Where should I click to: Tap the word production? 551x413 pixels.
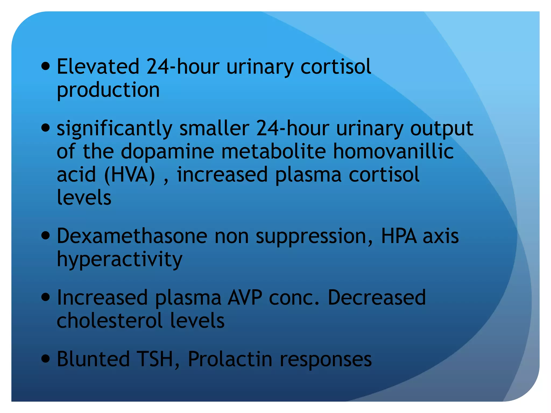click(x=108, y=90)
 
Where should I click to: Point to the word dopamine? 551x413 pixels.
click(x=167, y=151)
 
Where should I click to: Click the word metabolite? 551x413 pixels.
click(x=273, y=151)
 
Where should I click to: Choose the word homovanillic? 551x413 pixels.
click(x=393, y=151)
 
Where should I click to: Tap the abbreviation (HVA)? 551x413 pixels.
click(x=130, y=175)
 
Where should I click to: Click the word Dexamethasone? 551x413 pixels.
click(x=132, y=236)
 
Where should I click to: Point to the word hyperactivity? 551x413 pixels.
click(x=119, y=259)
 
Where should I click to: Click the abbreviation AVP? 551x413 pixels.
click(x=245, y=298)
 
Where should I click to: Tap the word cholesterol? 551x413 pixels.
click(x=110, y=321)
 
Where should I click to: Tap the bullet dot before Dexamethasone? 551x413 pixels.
click(x=46, y=236)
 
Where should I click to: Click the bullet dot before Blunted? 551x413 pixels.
click(x=46, y=358)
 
